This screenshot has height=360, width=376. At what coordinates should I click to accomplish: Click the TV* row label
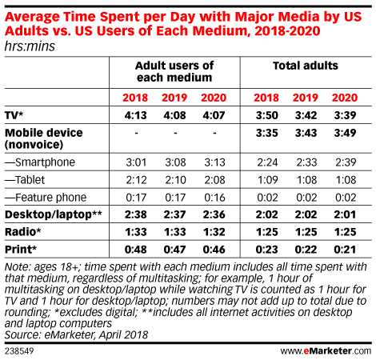[14, 115]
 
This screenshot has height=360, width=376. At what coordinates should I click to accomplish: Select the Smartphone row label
[40, 162]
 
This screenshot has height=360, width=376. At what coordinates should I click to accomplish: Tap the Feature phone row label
[46, 198]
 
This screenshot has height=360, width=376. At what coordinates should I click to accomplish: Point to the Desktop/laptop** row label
[54, 214]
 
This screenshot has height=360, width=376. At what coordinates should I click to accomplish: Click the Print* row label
[21, 250]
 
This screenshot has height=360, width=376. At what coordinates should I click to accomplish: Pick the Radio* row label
[23, 232]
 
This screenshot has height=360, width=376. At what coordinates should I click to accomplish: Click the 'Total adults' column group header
[306, 66]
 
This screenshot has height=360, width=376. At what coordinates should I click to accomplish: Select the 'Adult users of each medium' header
[174, 71]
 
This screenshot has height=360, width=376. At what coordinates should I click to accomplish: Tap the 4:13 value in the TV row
[136, 115]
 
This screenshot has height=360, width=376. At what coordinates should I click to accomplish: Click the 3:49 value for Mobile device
[345, 133]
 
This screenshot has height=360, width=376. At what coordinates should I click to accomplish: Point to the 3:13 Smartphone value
[214, 162]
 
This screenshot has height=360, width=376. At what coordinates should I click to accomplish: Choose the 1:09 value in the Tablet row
[267, 180]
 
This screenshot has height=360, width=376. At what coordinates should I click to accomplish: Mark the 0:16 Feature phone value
[214, 198]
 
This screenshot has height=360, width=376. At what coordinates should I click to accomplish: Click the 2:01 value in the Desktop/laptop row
[345, 214]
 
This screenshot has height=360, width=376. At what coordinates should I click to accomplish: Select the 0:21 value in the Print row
[345, 250]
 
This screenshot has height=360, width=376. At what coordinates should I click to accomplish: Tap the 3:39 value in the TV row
[345, 115]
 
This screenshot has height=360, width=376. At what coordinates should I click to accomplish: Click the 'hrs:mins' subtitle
[30, 46]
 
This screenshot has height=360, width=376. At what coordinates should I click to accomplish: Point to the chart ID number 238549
[19, 350]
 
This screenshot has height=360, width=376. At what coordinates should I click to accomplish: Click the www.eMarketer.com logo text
[326, 350]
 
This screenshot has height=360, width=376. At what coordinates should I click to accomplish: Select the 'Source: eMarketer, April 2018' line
[76, 334]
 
